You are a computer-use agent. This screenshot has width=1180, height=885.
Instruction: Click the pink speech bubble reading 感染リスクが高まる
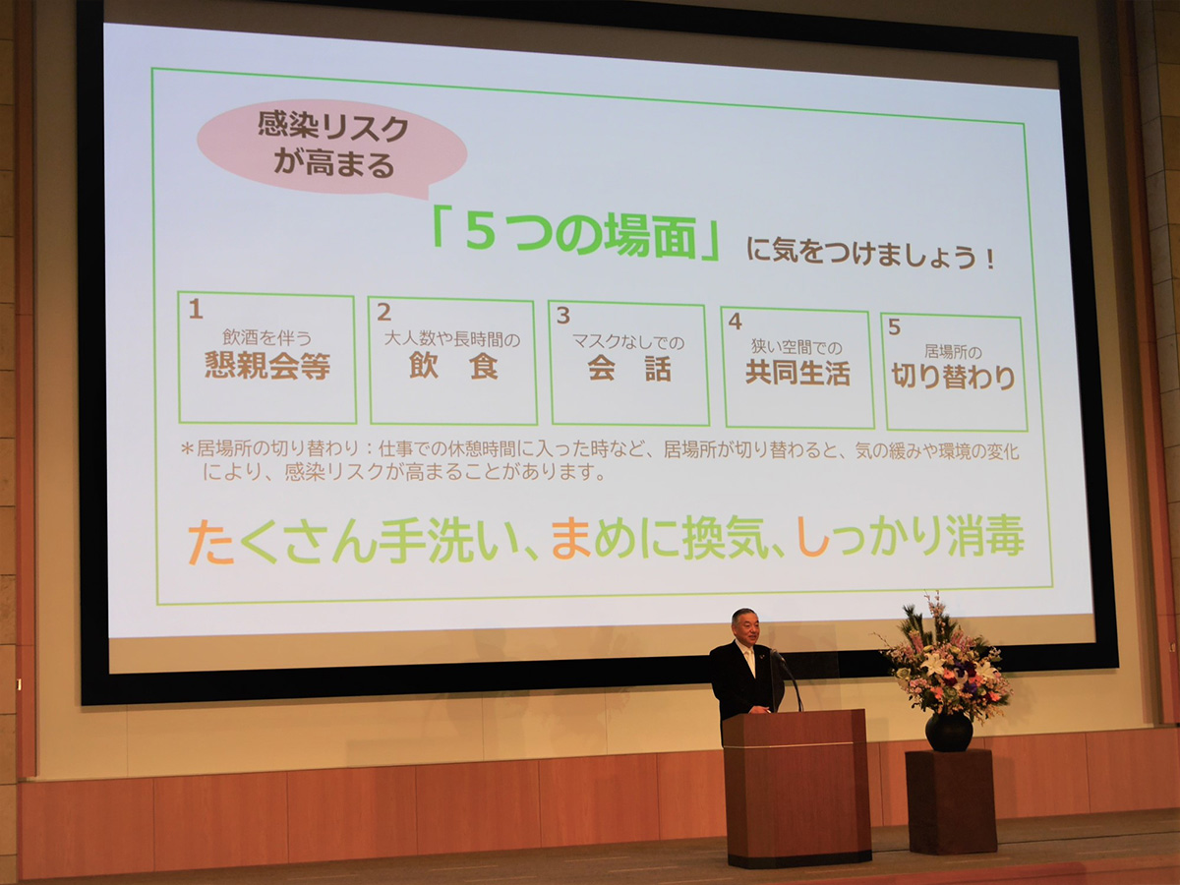(331, 147)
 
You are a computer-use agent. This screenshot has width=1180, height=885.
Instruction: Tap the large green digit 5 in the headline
(480, 233)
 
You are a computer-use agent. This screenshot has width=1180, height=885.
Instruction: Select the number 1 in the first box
(196, 309)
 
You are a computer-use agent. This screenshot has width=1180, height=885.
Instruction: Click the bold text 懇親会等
(267, 366)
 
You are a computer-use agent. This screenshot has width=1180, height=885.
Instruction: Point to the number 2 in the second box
(383, 312)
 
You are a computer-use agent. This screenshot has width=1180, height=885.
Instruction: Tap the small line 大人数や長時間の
(452, 339)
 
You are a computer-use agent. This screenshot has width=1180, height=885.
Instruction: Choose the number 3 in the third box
(562, 316)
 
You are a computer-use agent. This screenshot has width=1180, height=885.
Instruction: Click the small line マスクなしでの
(628, 342)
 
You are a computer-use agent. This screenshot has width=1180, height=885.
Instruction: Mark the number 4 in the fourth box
(735, 322)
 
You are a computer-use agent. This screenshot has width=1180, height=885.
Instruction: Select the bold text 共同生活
(797, 373)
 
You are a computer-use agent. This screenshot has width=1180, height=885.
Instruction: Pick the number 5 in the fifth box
(894, 326)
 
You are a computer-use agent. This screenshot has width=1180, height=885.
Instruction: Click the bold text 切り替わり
(953, 377)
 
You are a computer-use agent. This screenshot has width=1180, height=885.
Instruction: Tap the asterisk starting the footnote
(187, 448)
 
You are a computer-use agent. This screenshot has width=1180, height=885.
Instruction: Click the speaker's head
(745, 626)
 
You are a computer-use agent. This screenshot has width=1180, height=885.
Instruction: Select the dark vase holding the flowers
(949, 732)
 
